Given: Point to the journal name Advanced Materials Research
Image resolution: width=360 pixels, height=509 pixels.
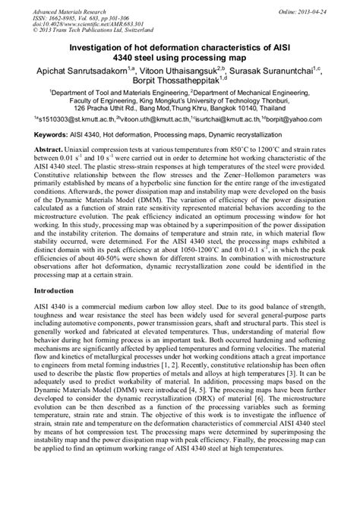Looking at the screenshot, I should [65, 7].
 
